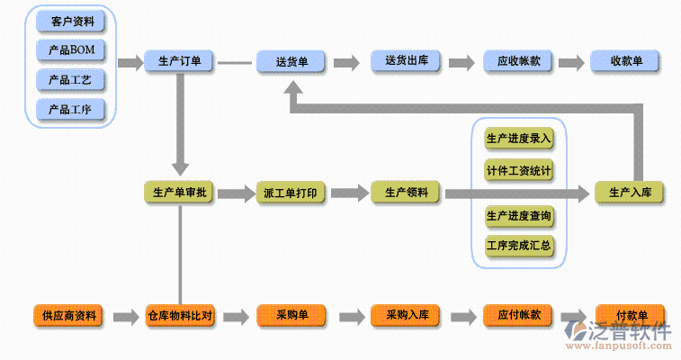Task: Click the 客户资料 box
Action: coord(70,20)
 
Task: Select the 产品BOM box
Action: coord(70,49)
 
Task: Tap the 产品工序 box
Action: coord(70,110)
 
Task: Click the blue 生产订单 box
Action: coord(179,62)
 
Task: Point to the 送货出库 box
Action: coord(405,62)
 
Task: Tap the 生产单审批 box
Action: coord(179,193)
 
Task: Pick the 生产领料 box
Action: coord(405,193)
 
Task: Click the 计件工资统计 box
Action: coord(518,170)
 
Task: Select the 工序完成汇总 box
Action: coord(518,246)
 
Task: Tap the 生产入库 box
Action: coord(630,193)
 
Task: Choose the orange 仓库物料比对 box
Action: coord(179,316)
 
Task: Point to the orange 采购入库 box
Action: coord(405,316)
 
